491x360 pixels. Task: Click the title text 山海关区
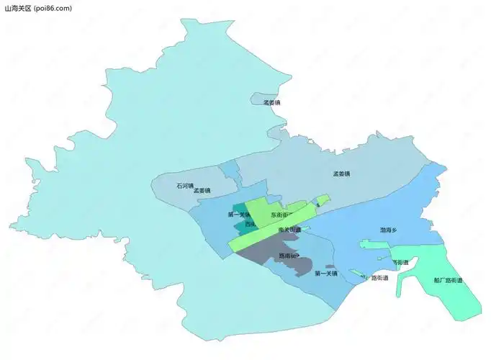[17, 8]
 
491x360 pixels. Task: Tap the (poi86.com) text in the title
[53, 8]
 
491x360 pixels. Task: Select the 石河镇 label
[184, 186]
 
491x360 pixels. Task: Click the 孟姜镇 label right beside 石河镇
[202, 191]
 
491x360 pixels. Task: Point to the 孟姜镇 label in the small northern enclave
[271, 102]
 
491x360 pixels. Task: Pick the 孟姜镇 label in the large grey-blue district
[341, 174]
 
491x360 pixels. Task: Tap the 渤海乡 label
[389, 230]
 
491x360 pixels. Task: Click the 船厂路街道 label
[448, 280]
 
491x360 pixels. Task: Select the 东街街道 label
[281, 215]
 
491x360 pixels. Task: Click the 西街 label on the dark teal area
[249, 225]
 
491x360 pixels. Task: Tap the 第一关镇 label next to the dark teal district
[239, 214]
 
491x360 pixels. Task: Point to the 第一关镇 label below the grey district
[327, 274]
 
